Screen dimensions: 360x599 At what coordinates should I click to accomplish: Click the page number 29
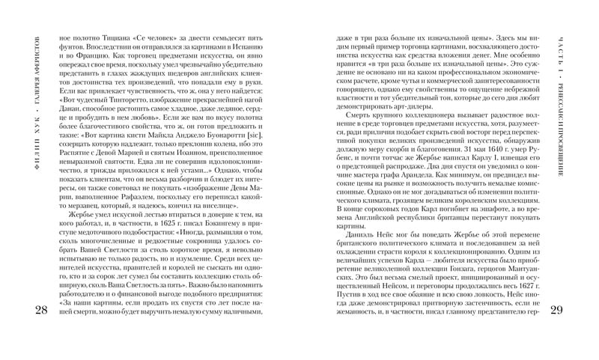[x=558, y=311]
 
